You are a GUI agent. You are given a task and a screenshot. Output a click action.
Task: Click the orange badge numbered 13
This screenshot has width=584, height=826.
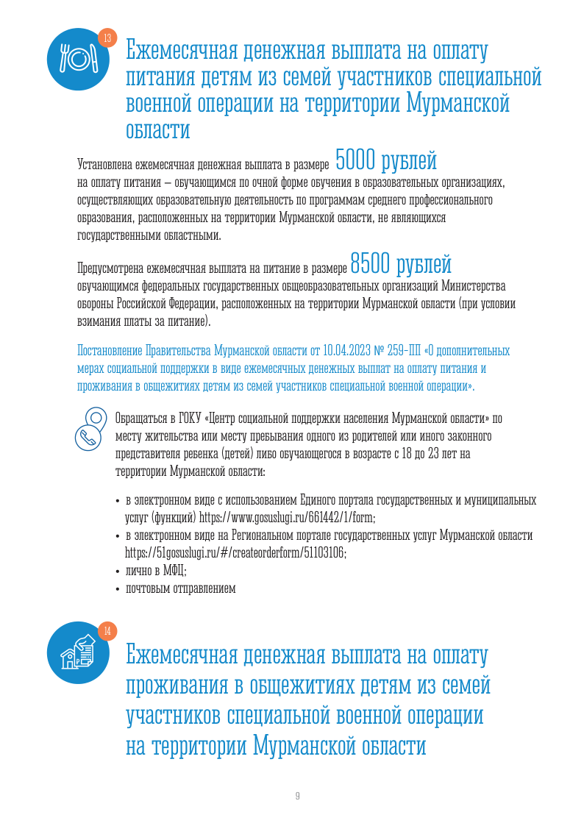(x=107, y=38)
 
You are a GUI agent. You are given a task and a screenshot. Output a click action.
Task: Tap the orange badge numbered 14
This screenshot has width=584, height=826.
(x=107, y=630)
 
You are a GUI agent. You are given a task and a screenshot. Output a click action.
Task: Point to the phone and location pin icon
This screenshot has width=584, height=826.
(x=91, y=427)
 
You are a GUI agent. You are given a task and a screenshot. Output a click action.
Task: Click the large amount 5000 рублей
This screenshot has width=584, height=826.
(x=385, y=158)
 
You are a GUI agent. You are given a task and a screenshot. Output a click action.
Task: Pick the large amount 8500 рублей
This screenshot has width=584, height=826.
(x=401, y=262)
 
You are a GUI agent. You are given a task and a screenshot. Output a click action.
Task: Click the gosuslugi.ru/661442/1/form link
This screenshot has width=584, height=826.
(x=288, y=517)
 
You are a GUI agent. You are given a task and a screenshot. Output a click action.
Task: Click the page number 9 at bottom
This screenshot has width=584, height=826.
(x=297, y=796)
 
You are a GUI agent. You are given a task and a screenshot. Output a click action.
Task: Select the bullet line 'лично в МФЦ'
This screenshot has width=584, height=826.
(x=156, y=570)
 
